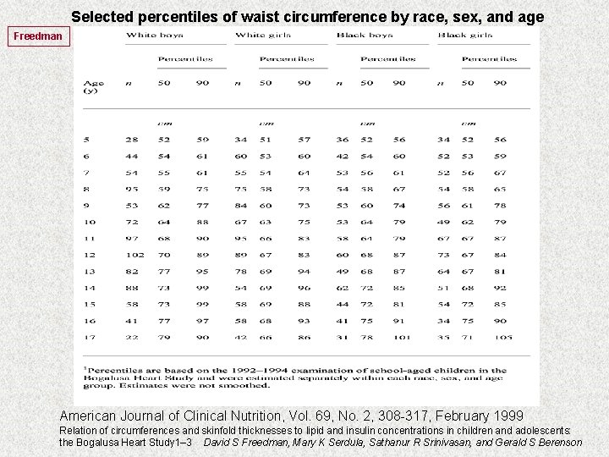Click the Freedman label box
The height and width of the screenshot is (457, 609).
pos(37,36)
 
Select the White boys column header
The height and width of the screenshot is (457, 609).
pos(154,35)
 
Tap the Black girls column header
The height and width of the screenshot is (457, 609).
pos(465,35)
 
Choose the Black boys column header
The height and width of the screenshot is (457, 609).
pos(365,35)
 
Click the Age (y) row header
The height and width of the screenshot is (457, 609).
pos(94,86)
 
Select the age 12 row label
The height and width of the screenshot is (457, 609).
pos(89,255)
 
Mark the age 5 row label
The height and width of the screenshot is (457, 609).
pos(86,139)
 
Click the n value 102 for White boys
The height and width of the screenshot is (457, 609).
pos(134,255)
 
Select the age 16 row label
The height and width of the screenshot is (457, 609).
pos(89,321)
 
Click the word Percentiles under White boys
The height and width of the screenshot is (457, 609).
pos(185,59)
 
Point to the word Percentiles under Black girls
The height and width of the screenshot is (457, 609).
pos(489,59)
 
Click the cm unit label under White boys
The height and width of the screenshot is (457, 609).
pos(165,123)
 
